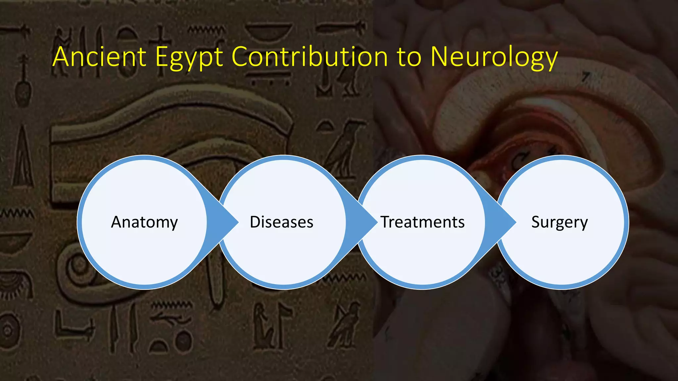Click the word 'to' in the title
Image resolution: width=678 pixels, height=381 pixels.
point(409,57)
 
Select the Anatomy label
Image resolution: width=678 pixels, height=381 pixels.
point(144,222)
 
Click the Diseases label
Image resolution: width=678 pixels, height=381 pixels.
point(281,222)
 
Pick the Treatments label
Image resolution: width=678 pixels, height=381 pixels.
point(422,222)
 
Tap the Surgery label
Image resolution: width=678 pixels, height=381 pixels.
point(559,222)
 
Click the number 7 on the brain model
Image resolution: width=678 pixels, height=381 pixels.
point(586,77)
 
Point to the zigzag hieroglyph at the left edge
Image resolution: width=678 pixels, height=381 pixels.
point(17,214)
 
